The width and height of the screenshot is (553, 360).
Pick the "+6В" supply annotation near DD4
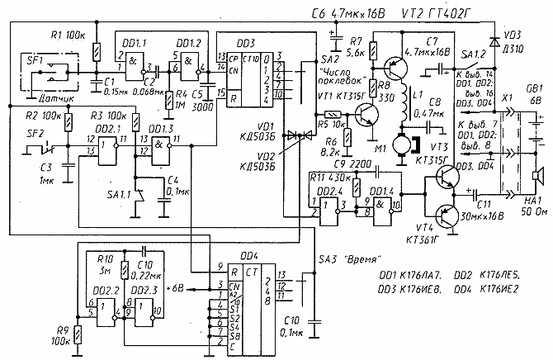click(177, 288)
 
